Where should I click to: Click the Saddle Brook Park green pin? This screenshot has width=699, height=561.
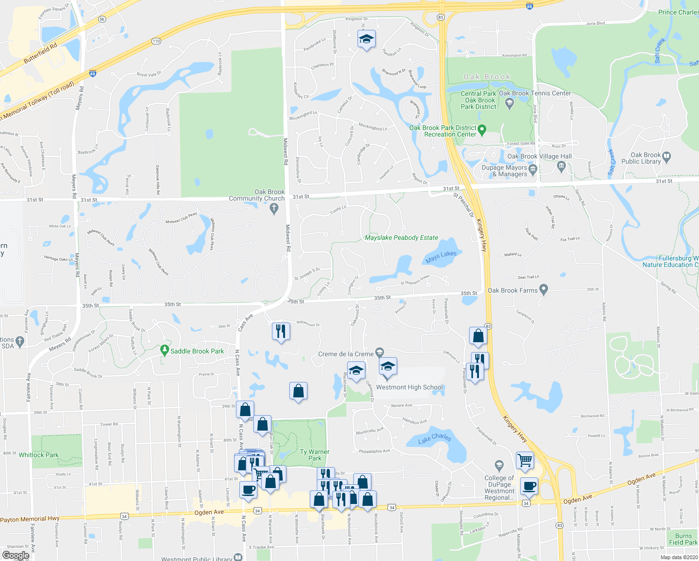(x=164, y=350)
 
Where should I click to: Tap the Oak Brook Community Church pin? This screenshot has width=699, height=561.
(x=274, y=209)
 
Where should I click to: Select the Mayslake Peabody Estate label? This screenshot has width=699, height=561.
(x=401, y=237)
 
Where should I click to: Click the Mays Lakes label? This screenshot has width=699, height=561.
(x=441, y=256)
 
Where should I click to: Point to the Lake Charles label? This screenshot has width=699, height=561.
(x=435, y=439)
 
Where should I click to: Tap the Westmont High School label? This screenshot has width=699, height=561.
(x=409, y=387)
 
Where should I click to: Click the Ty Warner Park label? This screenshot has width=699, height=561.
(x=314, y=455)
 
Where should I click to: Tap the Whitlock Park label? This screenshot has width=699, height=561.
(x=39, y=455)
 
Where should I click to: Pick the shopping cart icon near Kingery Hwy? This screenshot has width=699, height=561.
(x=525, y=460)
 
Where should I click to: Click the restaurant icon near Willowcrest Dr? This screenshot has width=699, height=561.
(x=281, y=331)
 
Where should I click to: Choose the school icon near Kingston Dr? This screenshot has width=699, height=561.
(x=366, y=39)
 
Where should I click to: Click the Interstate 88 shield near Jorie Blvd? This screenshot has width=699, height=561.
(x=529, y=6)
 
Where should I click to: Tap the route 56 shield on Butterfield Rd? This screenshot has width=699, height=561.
(x=102, y=19)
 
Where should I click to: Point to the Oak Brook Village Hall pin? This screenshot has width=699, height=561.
(x=562, y=165)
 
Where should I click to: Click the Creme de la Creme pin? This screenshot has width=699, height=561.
(x=379, y=352)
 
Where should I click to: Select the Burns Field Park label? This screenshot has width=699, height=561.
(x=683, y=539)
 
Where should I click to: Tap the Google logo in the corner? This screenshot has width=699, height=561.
(x=15, y=555)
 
